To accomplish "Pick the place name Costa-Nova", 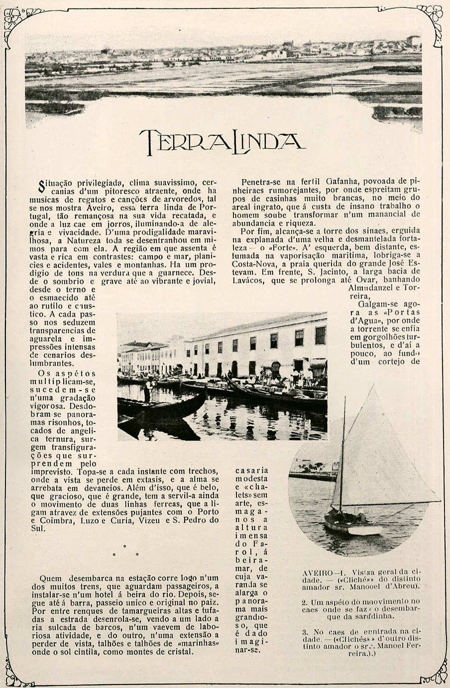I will pyautogui.click(x=253, y=263).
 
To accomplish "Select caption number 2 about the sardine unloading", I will pyautogui.click(x=361, y=606).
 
